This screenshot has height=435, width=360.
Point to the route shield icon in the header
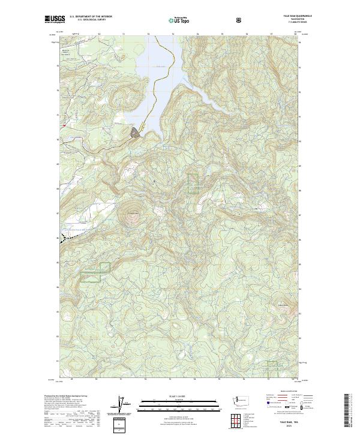239,20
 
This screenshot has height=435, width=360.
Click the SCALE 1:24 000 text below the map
170,396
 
